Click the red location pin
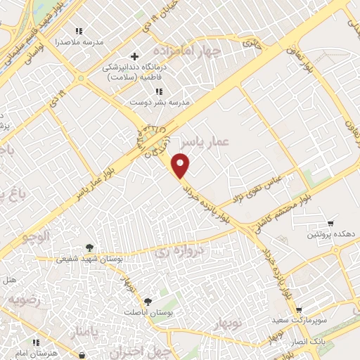click(182, 166)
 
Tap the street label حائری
click(251, 43)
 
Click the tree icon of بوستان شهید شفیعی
click(89, 247)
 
